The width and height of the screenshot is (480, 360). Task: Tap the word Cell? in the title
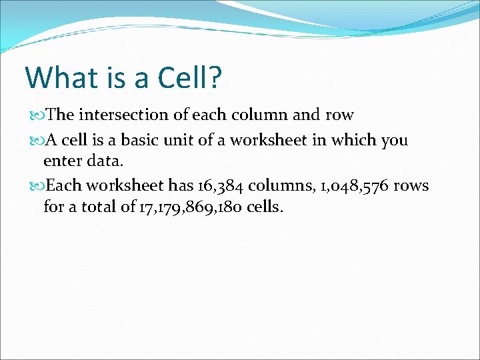[190, 77]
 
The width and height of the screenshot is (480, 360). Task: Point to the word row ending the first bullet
[339, 115]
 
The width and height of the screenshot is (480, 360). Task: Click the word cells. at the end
[264, 207]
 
